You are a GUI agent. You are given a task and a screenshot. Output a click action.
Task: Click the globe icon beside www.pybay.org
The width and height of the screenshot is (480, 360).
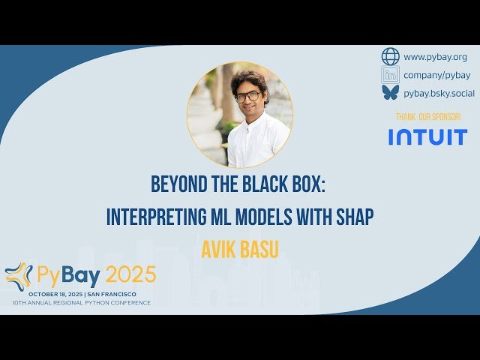[391, 56]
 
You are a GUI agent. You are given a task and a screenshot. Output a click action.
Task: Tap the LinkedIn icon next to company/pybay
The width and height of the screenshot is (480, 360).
[391, 74]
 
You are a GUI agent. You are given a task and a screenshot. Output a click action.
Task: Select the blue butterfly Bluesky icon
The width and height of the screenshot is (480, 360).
[391, 92]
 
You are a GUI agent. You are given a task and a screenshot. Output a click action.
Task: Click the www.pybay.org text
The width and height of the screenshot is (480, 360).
[435, 56]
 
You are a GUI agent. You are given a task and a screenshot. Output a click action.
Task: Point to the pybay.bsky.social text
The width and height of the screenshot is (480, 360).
[439, 92]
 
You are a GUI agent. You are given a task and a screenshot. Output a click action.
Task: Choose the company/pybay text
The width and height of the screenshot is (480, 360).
[436, 74]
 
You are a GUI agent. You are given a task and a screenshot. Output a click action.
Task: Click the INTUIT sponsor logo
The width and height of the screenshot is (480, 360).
[427, 136]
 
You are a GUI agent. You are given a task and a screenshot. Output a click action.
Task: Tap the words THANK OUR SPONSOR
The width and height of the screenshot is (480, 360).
[428, 117]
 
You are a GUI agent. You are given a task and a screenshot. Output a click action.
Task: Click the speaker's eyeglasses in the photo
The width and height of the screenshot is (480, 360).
[248, 97]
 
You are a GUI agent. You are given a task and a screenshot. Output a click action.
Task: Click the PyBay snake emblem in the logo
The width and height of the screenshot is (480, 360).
[18, 276]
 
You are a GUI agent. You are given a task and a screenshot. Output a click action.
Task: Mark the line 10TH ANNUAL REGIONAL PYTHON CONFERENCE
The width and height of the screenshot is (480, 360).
[81, 302]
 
